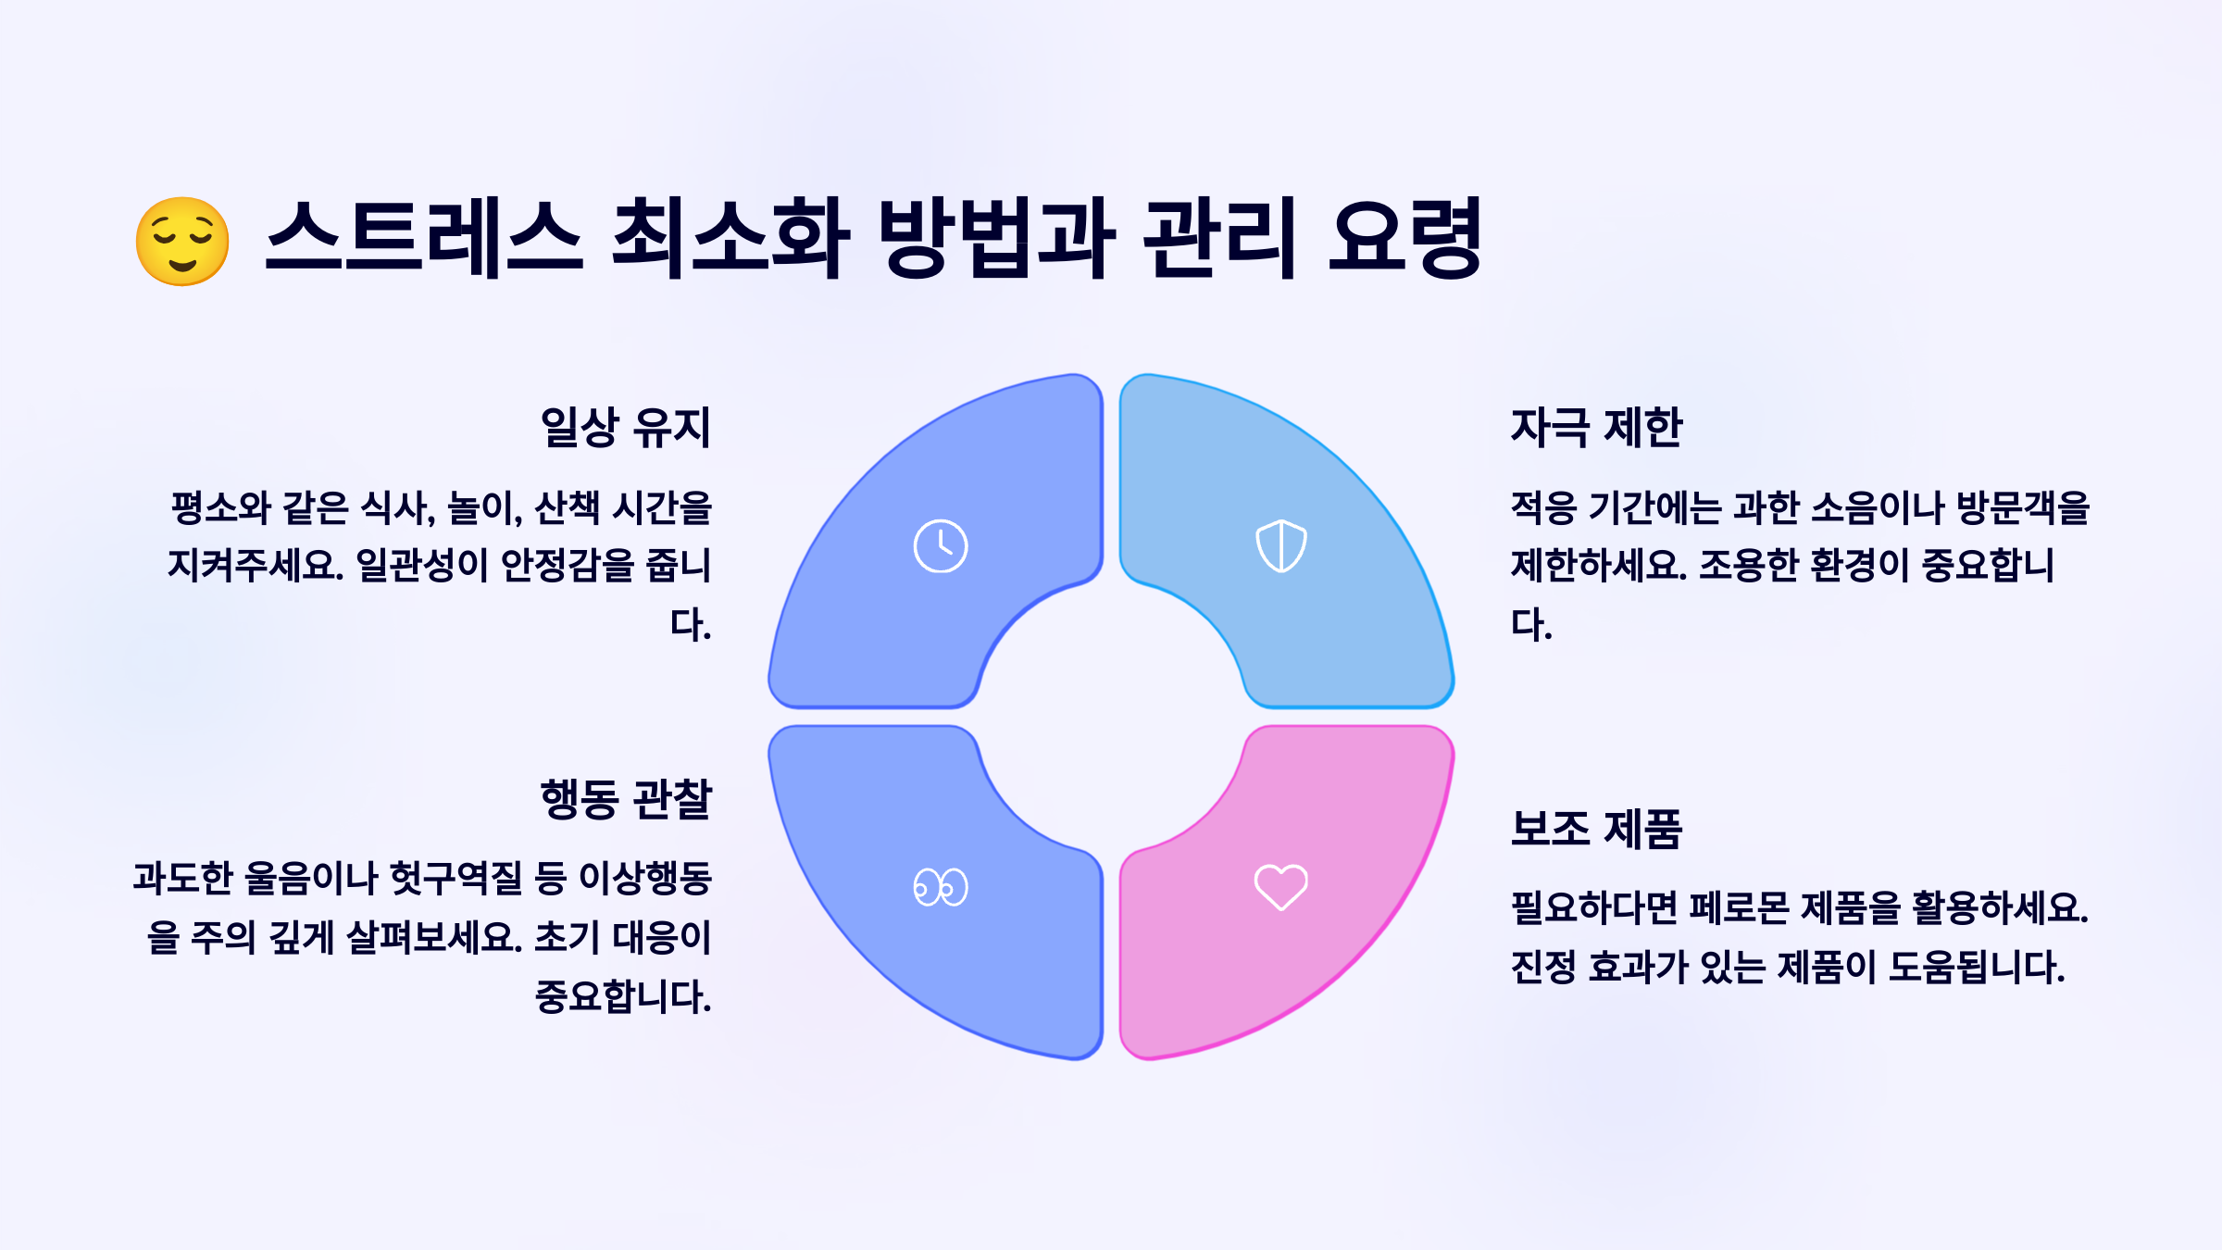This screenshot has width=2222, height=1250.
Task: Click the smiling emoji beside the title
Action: click(182, 241)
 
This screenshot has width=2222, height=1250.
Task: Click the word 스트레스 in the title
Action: click(424, 238)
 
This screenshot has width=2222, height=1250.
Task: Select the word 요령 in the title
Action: click(1405, 238)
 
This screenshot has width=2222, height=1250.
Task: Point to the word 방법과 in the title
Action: click(996, 238)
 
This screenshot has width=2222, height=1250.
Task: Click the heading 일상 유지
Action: click(626, 428)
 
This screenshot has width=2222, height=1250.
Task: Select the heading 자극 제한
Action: click(1596, 428)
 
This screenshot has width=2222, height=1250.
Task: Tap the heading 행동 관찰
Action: click(626, 799)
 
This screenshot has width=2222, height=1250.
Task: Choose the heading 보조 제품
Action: click(1596, 829)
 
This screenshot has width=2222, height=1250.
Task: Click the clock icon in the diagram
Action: click(941, 546)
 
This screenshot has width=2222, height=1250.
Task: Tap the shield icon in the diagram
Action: click(1281, 546)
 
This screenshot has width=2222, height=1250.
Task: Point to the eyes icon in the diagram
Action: click(941, 887)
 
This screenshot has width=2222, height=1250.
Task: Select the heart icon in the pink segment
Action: click(1281, 887)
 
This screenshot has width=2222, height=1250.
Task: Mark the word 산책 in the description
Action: click(568, 507)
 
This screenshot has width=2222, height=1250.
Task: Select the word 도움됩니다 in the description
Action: click(1976, 968)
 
